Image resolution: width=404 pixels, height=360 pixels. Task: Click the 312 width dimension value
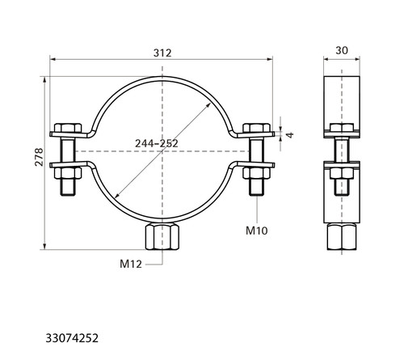pos(162,53)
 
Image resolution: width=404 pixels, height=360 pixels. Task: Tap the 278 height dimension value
pos(40,157)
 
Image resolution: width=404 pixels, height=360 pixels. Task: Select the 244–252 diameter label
pos(157,143)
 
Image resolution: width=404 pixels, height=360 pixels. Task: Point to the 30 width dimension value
pos(342,50)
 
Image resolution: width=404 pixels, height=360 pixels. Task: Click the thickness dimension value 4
pos(290,135)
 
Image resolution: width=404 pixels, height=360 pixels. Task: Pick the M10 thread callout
pos(257,231)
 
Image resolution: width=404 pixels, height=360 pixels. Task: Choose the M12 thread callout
pos(131,264)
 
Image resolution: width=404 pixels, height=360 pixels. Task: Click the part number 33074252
pos(72,338)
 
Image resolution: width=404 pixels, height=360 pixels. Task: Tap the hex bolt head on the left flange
pos(68,128)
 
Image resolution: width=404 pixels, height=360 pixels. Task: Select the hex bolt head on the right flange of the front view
pos(256,128)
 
